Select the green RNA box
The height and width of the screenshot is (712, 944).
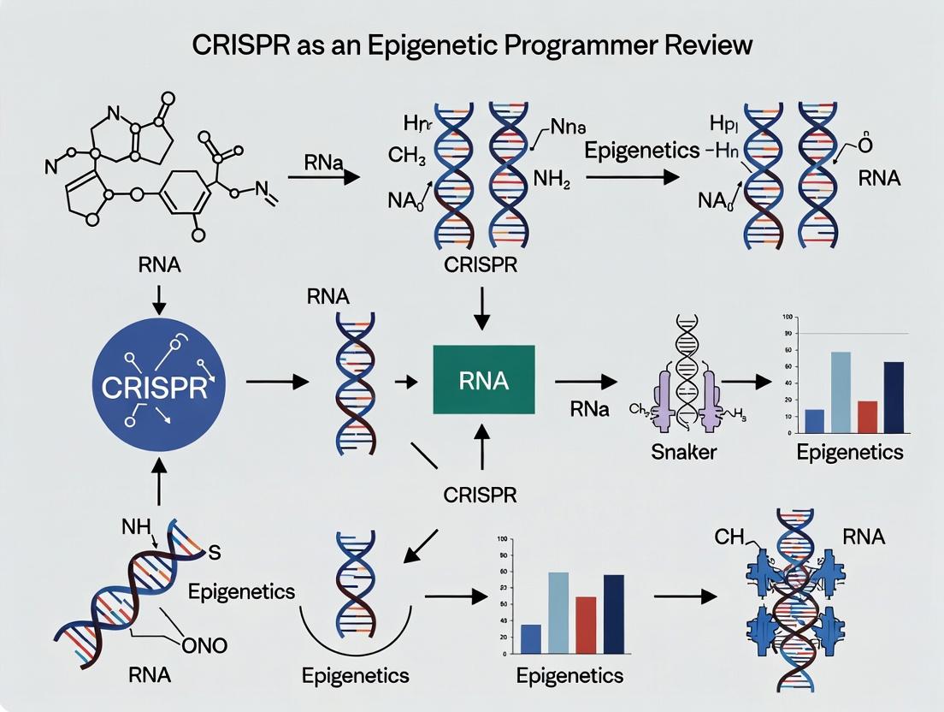(x=484, y=381)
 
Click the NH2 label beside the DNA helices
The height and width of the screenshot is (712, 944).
(x=552, y=181)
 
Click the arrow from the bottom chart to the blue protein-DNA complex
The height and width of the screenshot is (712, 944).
(x=684, y=597)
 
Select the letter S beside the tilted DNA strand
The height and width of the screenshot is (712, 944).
(x=215, y=554)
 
